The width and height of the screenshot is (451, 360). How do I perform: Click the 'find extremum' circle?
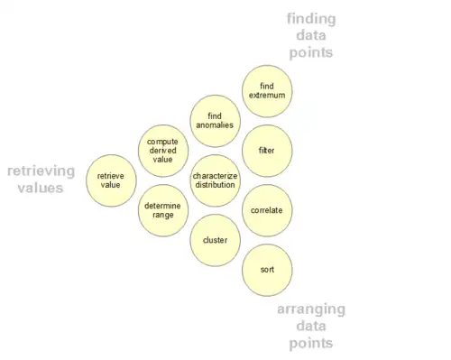267,91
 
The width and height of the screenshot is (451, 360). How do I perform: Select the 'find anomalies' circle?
215,121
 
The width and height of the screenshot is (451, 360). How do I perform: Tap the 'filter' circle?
267,151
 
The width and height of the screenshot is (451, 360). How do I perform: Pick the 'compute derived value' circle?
163,151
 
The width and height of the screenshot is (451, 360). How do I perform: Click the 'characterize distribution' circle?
215,180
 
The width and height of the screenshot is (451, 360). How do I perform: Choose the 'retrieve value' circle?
111,180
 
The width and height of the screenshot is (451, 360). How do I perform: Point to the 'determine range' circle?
163,210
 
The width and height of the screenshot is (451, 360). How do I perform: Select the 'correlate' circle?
267,210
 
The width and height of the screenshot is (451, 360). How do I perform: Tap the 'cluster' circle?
215,240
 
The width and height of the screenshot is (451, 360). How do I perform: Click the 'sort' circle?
267,270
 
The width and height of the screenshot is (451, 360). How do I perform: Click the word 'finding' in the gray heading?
311,20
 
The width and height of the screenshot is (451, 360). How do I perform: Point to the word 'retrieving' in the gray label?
41,171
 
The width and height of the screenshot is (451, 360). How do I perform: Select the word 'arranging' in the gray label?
311,309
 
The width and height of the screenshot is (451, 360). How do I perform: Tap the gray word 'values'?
41,189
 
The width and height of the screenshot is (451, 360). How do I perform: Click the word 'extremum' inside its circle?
267,96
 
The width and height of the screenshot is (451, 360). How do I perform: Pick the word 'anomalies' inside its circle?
215,125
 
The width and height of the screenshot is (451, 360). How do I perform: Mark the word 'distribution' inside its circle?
215,185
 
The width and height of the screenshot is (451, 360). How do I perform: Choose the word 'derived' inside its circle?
162,151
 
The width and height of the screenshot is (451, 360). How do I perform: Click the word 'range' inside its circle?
163,216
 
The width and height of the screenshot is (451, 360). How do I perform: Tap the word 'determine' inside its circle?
162,206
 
